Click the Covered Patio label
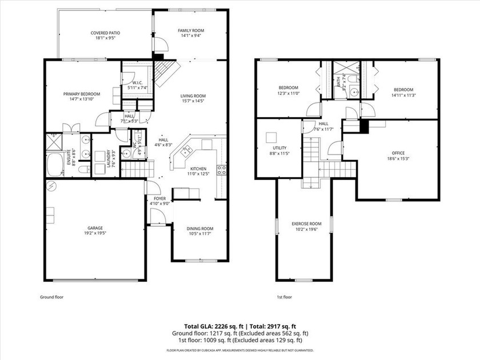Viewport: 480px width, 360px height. coord(105,33)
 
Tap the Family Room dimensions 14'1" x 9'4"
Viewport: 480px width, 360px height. coord(191,36)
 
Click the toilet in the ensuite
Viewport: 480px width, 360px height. coord(84,170)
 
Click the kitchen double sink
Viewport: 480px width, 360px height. coord(186,151)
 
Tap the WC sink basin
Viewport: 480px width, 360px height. coord(137,137)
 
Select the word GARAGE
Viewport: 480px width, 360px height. coord(95,227)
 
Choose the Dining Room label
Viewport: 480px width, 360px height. coord(200,229)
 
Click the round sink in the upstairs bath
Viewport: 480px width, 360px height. coord(354,91)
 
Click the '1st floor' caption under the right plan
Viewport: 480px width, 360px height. coord(285,297)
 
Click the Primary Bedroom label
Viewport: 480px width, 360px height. coord(82,94)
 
